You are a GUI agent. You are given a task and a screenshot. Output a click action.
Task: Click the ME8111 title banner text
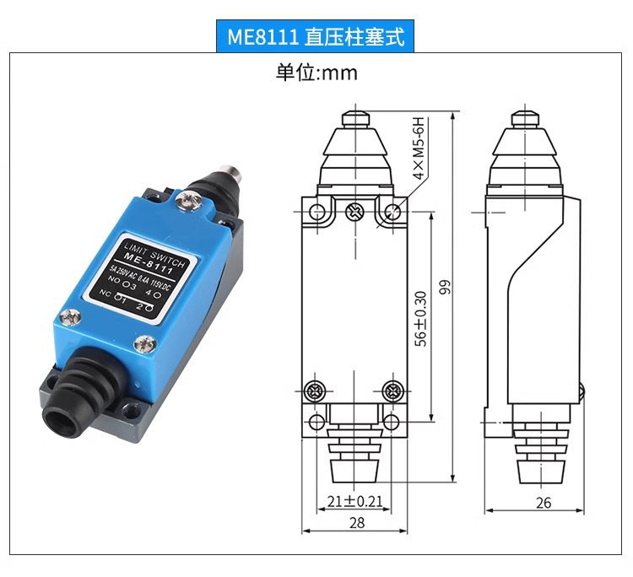coord(316,37)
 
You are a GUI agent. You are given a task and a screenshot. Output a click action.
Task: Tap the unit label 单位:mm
coord(316,73)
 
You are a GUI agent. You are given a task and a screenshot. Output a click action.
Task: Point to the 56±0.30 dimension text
coord(421,319)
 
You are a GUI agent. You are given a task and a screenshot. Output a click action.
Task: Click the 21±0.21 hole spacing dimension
coord(354,501)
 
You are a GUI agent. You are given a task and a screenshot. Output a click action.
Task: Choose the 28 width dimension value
coord(356,522)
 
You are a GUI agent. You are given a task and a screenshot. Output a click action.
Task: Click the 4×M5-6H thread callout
coord(419,149)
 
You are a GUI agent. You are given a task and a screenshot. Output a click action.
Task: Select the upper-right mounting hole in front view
coord(393,212)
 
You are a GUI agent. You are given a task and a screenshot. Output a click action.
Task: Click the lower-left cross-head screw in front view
coord(316,391)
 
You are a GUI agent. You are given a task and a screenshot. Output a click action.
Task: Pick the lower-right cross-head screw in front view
coord(392,391)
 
